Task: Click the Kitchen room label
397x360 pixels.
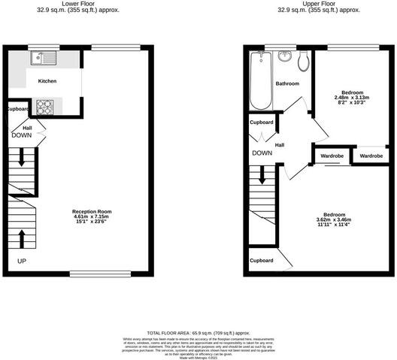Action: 48,80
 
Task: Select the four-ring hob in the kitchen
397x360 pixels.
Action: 44,107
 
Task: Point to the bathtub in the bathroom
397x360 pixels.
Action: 259,80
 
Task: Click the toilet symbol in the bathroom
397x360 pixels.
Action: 303,59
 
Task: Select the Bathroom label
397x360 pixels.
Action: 287,83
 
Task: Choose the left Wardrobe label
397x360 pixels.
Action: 331,156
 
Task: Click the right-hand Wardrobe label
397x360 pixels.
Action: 370,156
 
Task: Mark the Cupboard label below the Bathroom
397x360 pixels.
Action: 261,122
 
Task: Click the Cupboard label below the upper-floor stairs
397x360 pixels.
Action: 261,261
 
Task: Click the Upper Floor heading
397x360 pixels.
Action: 318,4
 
